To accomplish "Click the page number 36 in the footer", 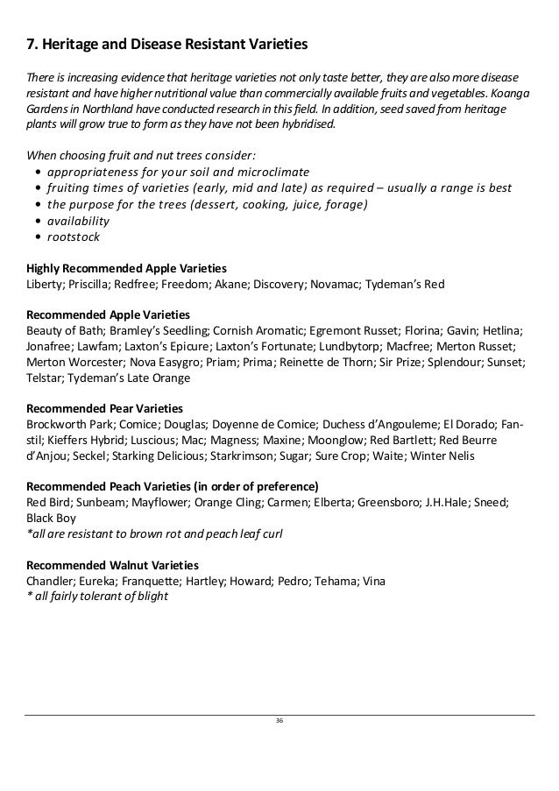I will point(279,720).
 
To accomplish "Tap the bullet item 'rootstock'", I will point(73,237).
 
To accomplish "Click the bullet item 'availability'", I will point(78,221).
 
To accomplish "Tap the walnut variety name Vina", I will point(371,581).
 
